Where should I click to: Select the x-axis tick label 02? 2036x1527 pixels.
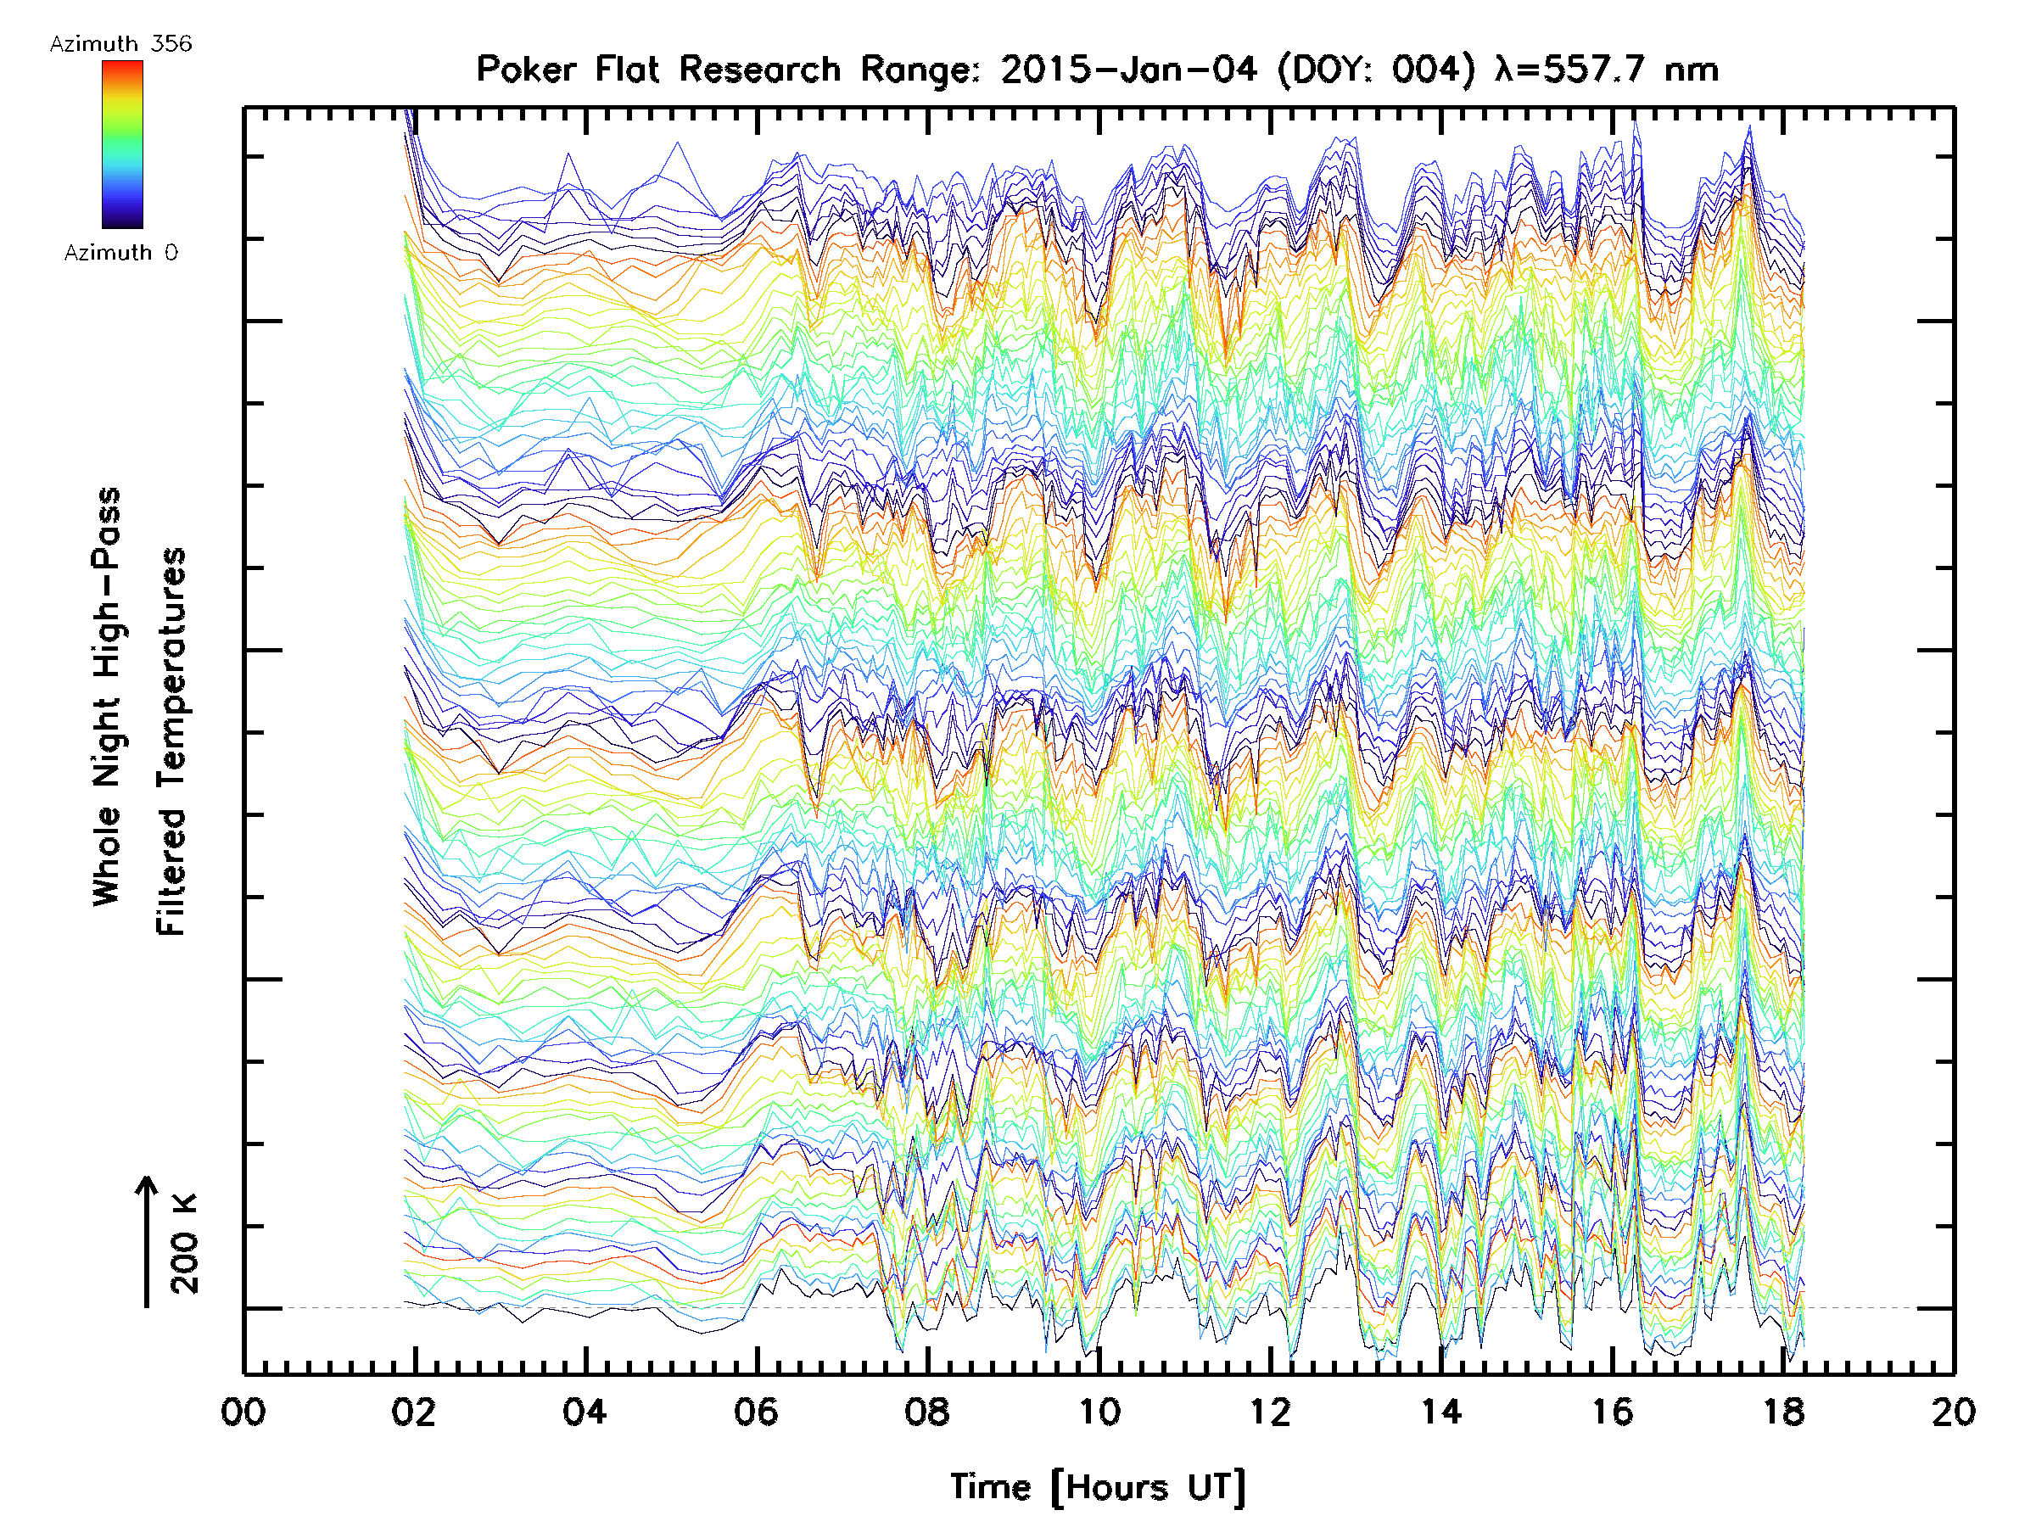pyautogui.click(x=414, y=1412)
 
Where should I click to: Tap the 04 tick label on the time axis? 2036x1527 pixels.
pyautogui.click(x=585, y=1412)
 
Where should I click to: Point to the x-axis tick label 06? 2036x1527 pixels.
pyautogui.click(x=757, y=1412)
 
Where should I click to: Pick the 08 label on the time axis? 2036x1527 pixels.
pyautogui.click(x=928, y=1412)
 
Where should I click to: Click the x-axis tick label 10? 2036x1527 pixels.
pyautogui.click(x=1099, y=1412)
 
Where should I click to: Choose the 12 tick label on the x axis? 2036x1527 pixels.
pyautogui.click(x=1270, y=1412)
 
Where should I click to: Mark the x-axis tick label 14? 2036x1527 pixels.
pyautogui.click(x=1441, y=1412)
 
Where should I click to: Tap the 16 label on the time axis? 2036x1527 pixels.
pyautogui.click(x=1613, y=1412)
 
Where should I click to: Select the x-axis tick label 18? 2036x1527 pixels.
pyautogui.click(x=1784, y=1412)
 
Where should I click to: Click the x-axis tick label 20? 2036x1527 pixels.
pyautogui.click(x=1954, y=1412)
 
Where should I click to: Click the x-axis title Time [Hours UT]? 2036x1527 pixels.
pyautogui.click(x=1098, y=1488)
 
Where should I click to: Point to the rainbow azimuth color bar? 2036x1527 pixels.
pyautogui.click(x=122, y=144)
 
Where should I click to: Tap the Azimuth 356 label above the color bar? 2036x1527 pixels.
pyautogui.click(x=120, y=44)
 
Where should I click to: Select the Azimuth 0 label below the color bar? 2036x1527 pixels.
pyautogui.click(x=120, y=253)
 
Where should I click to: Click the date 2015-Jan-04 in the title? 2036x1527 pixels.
pyautogui.click(x=1128, y=70)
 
